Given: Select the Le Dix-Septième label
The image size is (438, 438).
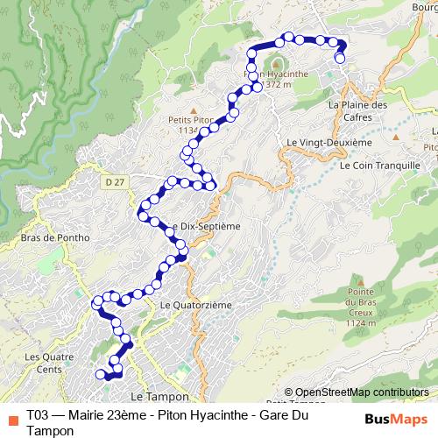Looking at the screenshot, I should coord(208,225).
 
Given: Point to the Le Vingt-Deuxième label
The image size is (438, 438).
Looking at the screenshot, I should coord(329,142).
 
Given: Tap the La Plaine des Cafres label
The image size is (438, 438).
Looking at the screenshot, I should coord(357,111).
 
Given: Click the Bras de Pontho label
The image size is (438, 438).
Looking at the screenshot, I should coord(43,237).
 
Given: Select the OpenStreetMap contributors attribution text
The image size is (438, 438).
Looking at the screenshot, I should coord(362,392).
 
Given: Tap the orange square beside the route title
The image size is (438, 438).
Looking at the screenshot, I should coord(11,418).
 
